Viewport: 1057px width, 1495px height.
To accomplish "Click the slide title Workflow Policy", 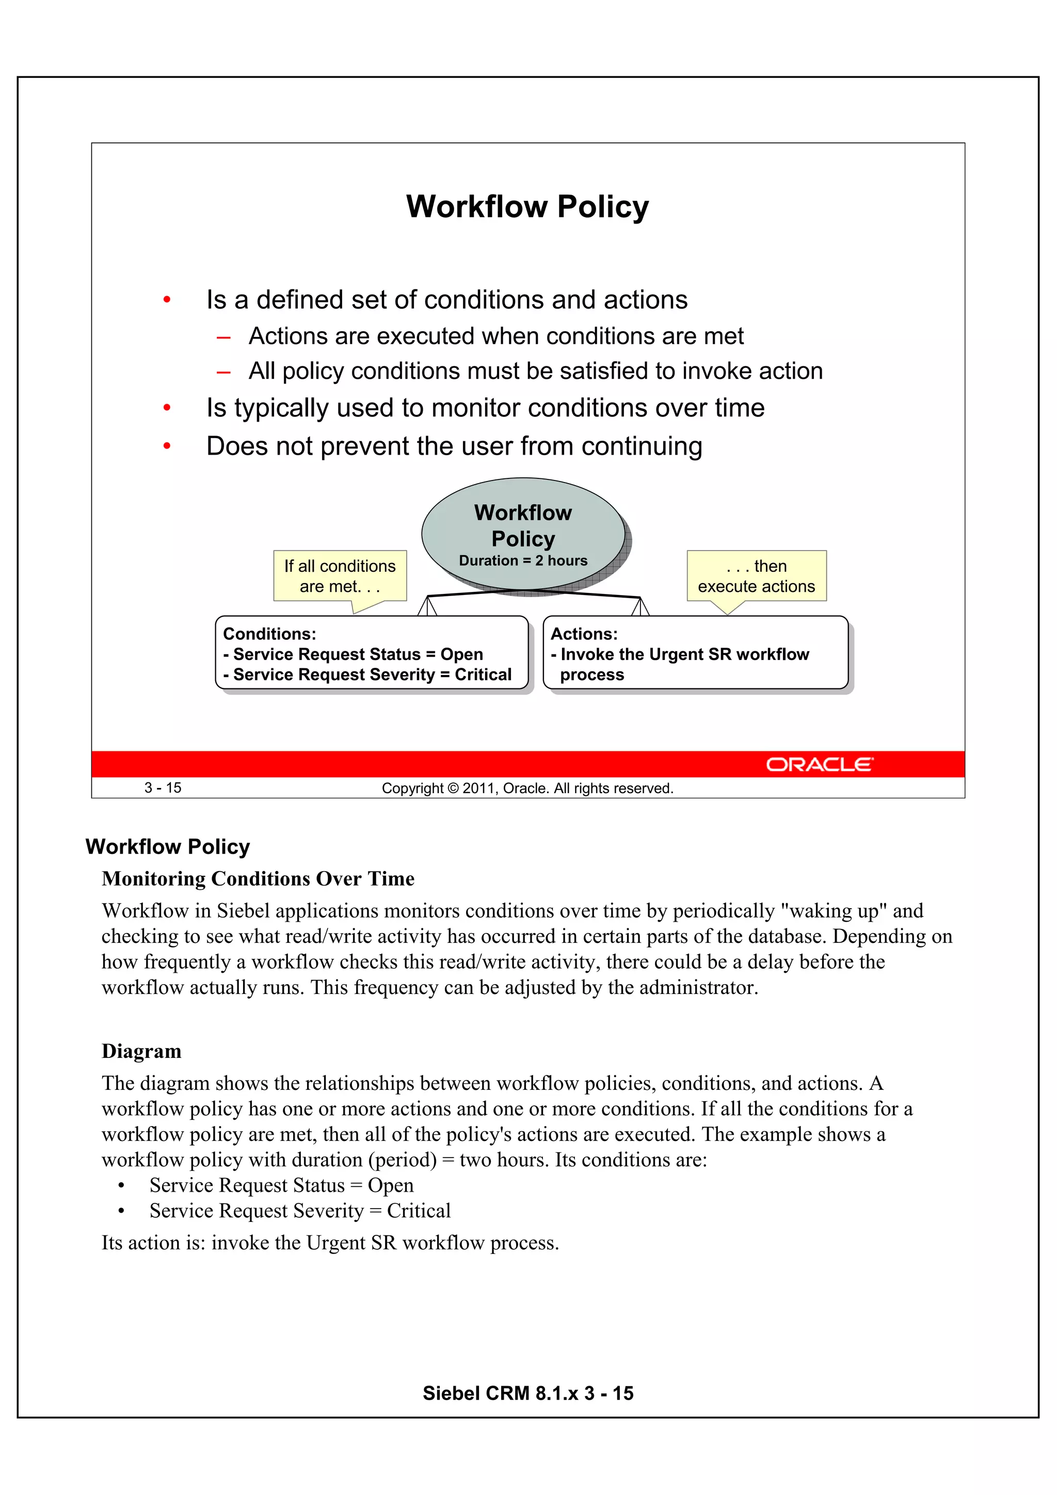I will point(527,207).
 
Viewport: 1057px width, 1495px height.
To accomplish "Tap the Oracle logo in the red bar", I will point(819,764).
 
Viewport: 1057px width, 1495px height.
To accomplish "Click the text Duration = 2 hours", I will point(523,560).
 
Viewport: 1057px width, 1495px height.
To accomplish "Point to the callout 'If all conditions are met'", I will point(340,576).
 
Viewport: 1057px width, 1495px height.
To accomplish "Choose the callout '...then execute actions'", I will point(756,576).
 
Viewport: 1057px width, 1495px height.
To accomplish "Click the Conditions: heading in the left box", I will point(269,634).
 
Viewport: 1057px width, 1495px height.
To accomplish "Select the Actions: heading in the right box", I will point(584,634).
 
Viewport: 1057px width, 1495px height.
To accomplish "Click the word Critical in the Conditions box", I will point(483,674).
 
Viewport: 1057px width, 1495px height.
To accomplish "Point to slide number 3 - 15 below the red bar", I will point(163,788).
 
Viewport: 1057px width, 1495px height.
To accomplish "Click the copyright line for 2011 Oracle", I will point(527,789).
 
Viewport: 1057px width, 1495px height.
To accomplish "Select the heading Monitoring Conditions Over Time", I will point(258,879).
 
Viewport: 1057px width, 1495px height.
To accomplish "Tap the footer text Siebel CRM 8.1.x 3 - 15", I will point(527,1393).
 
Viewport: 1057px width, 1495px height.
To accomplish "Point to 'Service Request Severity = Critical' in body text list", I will point(299,1211).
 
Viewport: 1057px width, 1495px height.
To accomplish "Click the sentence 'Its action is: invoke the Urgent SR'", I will point(330,1243).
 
